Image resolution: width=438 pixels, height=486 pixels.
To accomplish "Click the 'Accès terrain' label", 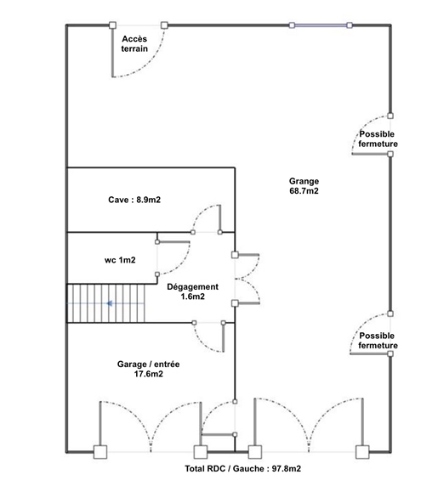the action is (x=134, y=43).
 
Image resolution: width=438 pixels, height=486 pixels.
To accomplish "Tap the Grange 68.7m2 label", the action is (x=304, y=186).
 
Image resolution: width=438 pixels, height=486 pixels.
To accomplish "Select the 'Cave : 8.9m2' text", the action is (x=134, y=200).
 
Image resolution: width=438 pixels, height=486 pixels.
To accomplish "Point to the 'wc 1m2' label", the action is (x=120, y=260).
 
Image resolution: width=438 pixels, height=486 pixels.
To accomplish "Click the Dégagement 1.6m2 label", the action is (x=192, y=291).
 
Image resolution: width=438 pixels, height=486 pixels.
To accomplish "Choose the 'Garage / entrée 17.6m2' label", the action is (x=148, y=369).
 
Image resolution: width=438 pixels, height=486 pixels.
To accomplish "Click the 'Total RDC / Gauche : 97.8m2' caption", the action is (x=243, y=468).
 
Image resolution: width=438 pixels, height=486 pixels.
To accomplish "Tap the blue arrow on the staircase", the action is (x=109, y=303).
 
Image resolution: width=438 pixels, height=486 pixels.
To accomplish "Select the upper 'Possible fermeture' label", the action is (x=378, y=138).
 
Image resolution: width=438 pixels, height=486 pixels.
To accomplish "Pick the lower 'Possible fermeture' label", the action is (x=378, y=341).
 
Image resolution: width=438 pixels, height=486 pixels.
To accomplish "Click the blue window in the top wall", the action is (x=321, y=25).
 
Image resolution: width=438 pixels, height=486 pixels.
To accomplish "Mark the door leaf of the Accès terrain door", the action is (x=112, y=51).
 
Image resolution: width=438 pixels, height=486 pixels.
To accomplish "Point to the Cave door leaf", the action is (x=220, y=218).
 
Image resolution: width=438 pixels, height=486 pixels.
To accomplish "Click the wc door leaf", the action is (x=173, y=242).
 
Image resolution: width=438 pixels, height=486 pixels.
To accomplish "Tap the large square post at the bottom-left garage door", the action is (x=100, y=452).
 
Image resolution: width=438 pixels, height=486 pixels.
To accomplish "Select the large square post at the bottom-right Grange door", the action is (x=362, y=452).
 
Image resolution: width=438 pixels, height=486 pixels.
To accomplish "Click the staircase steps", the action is (x=106, y=303).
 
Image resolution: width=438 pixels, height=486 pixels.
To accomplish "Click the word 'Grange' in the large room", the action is (x=304, y=182).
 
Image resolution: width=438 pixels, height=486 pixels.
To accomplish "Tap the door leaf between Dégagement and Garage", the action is (x=224, y=337).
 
